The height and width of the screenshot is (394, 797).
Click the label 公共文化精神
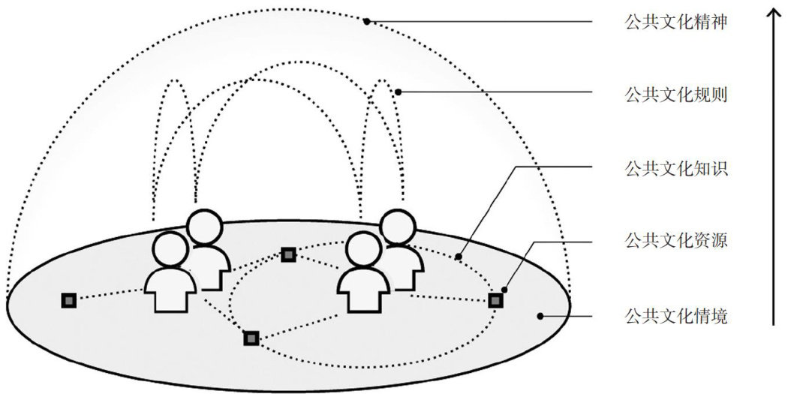(x=675, y=22)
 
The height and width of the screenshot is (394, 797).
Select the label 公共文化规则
(x=675, y=95)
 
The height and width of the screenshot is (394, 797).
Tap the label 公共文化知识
(x=675, y=168)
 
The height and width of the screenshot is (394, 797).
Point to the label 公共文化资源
(x=675, y=242)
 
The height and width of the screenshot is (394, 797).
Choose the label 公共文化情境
(x=675, y=316)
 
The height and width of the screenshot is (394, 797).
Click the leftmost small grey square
(x=69, y=300)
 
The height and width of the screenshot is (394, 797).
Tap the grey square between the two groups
(x=289, y=254)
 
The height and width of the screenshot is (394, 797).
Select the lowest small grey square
(x=251, y=338)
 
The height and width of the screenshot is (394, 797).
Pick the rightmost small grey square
(x=495, y=300)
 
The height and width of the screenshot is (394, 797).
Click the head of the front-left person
(x=170, y=250)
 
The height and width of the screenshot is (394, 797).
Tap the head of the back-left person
(x=205, y=227)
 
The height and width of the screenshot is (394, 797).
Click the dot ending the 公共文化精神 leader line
(x=367, y=22)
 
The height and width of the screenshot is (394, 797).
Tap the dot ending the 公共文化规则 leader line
(x=398, y=93)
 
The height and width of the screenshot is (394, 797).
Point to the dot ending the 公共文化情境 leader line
(x=540, y=316)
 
